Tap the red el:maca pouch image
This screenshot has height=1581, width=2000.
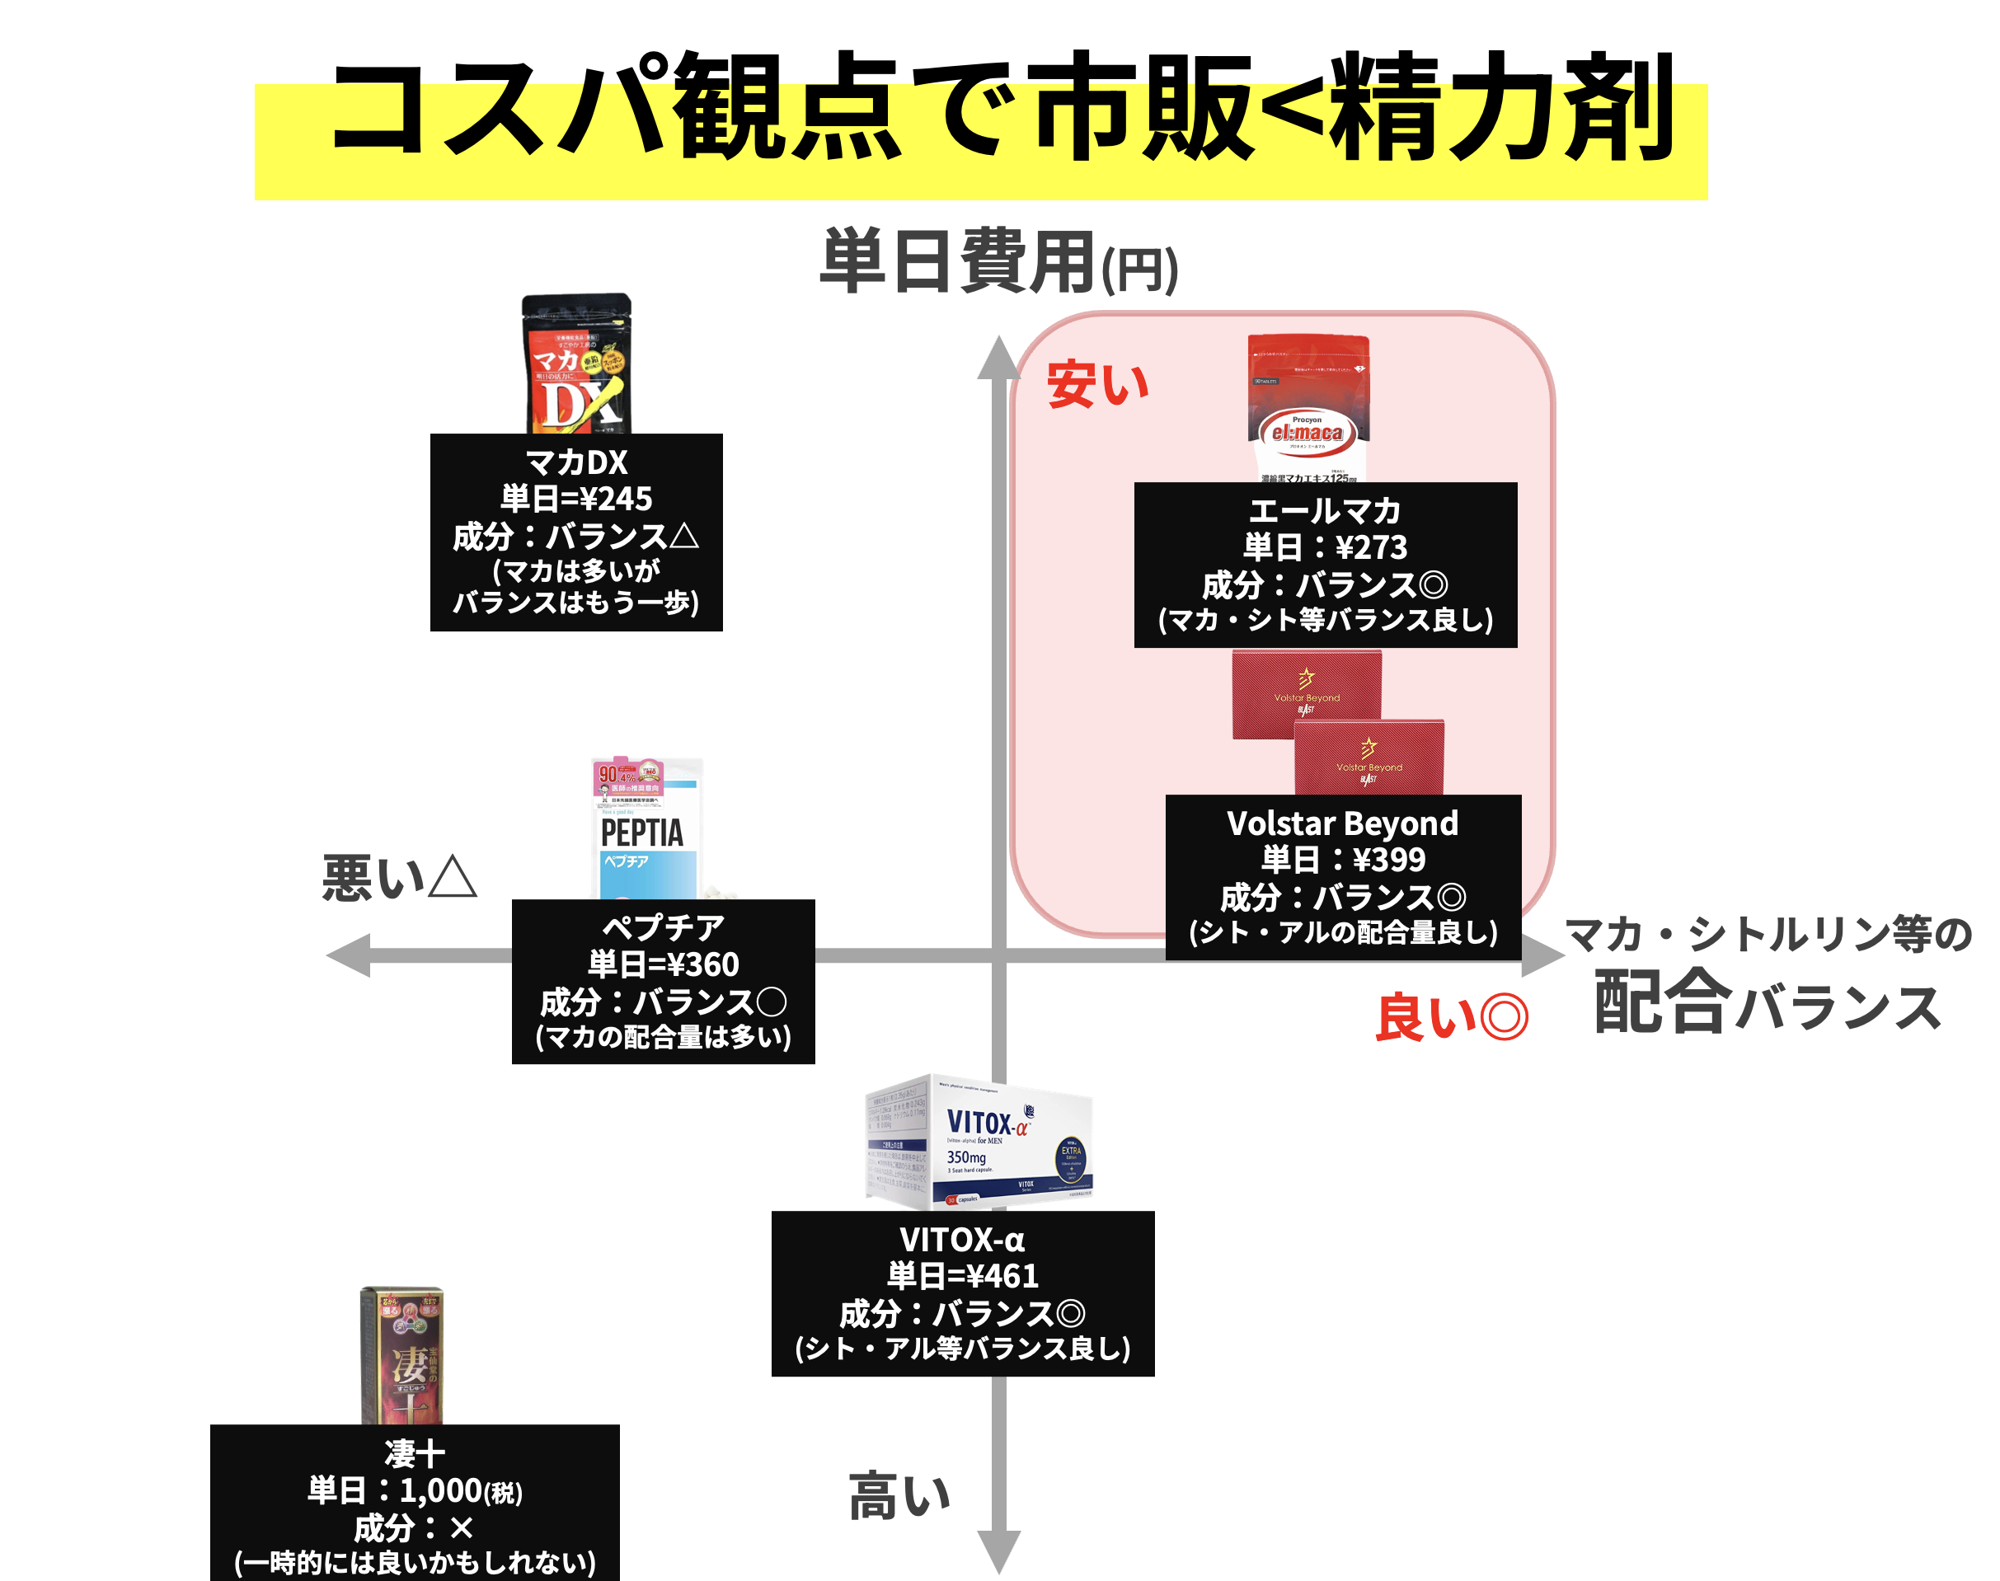(x=1308, y=408)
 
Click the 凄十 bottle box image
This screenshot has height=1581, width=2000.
(x=401, y=1355)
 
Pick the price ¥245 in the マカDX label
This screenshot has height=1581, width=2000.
(x=612, y=499)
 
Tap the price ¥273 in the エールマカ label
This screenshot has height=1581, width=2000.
(x=1371, y=547)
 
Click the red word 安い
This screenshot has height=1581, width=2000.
(x=1097, y=384)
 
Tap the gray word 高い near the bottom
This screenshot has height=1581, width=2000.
(x=899, y=1497)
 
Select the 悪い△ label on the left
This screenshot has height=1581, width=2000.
(x=399, y=878)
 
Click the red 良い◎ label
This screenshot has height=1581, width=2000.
(x=1451, y=1017)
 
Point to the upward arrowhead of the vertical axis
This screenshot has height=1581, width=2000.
(x=998, y=357)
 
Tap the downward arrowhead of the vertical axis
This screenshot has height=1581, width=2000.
(x=998, y=1551)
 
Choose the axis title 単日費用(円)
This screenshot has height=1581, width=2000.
(x=998, y=264)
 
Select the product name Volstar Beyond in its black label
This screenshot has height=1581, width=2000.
(x=1342, y=823)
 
